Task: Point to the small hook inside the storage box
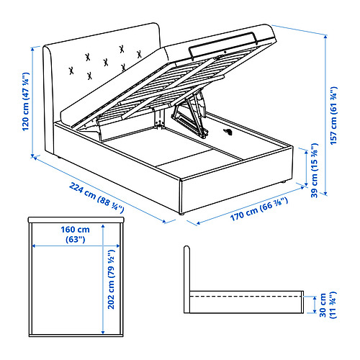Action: point(229,132)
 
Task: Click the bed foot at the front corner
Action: point(183,214)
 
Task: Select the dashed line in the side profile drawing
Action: point(245,295)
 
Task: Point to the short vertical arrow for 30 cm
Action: point(314,304)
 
